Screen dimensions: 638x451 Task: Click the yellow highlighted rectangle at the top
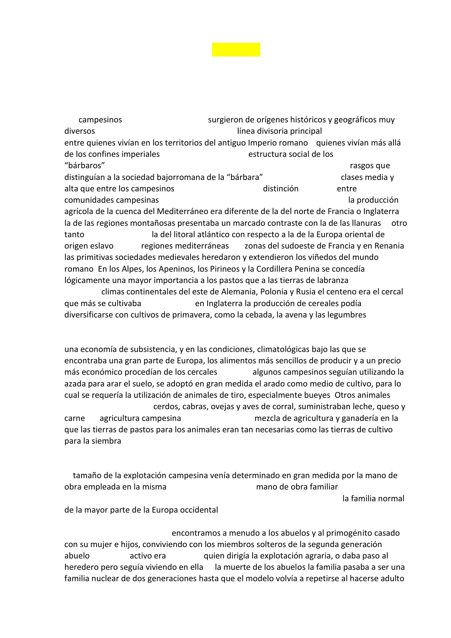[236, 50]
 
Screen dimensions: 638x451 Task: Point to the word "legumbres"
[347, 315]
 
